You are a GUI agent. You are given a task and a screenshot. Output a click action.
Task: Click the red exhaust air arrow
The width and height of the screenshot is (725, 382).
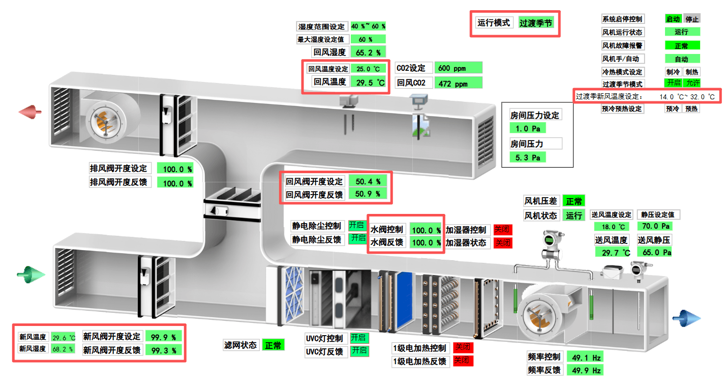point(30,112)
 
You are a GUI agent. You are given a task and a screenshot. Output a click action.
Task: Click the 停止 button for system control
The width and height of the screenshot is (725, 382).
point(691,19)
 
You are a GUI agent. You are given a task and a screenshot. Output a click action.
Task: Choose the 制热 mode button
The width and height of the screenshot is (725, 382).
point(691,72)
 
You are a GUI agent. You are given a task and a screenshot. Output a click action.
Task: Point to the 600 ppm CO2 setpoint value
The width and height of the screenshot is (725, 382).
point(458,68)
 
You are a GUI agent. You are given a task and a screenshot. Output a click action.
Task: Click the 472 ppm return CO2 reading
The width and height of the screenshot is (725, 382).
point(458,83)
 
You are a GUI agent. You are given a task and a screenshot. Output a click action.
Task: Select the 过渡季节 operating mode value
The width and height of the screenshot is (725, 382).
point(536,23)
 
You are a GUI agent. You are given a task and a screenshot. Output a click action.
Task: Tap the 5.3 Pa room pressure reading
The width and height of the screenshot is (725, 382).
point(528,158)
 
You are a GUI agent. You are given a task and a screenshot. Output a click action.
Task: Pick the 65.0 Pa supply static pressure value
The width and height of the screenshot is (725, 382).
point(658,252)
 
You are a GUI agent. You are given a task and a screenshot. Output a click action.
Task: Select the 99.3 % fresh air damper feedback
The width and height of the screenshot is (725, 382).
point(163,350)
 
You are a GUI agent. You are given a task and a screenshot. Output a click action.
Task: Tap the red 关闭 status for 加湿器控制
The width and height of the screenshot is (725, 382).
point(502,230)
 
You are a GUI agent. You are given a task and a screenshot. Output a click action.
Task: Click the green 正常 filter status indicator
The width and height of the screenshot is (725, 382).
point(273,345)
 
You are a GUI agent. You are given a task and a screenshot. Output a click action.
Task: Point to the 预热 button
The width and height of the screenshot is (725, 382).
point(691,108)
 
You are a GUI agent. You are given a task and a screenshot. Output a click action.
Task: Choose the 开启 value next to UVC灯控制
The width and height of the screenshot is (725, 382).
point(359,338)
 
